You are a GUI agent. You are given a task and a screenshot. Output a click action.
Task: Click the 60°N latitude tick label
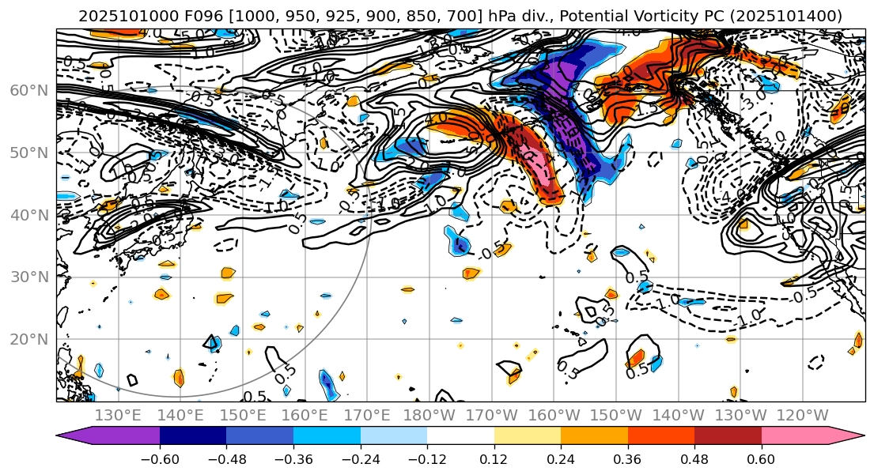pyautogui.click(x=28, y=91)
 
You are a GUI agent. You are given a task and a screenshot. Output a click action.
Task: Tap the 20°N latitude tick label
pyautogui.click(x=28, y=340)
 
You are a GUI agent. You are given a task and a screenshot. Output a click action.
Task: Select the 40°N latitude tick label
pyautogui.click(x=28, y=215)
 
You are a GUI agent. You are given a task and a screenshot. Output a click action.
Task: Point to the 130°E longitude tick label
pyautogui.click(x=118, y=415)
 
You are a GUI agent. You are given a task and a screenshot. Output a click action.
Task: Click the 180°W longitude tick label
pyautogui.click(x=429, y=415)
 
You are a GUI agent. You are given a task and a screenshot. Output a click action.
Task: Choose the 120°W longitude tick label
pyautogui.click(x=804, y=415)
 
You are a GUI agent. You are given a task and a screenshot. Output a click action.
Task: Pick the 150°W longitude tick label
pyautogui.click(x=617, y=415)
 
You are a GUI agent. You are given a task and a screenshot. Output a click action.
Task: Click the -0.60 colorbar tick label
pyautogui.click(x=160, y=459)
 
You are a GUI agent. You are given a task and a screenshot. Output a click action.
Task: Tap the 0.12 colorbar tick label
pyautogui.click(x=494, y=459)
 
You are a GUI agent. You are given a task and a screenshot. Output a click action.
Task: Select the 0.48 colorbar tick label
pyautogui.click(x=694, y=459)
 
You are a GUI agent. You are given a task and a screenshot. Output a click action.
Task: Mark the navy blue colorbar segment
pyautogui.click(x=193, y=435)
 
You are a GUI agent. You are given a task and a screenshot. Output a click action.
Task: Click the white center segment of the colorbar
pyautogui.click(x=460, y=435)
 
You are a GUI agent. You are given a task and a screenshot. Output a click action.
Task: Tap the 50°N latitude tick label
pyautogui.click(x=28, y=153)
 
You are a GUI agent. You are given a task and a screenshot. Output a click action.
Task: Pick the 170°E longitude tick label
pyautogui.click(x=367, y=415)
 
